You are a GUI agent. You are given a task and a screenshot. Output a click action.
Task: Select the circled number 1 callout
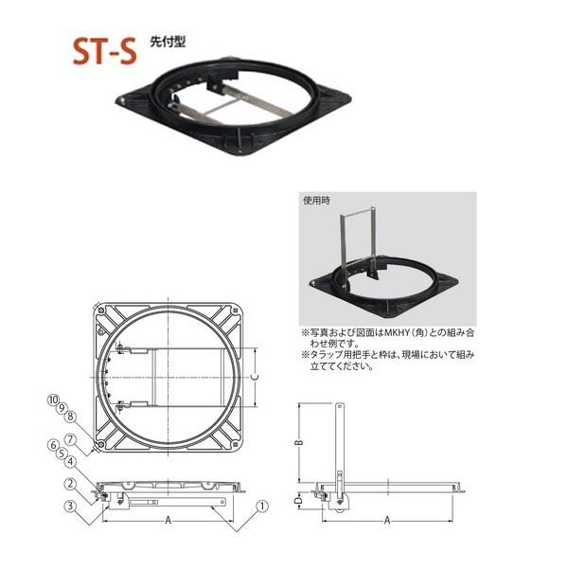tap(263, 504)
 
